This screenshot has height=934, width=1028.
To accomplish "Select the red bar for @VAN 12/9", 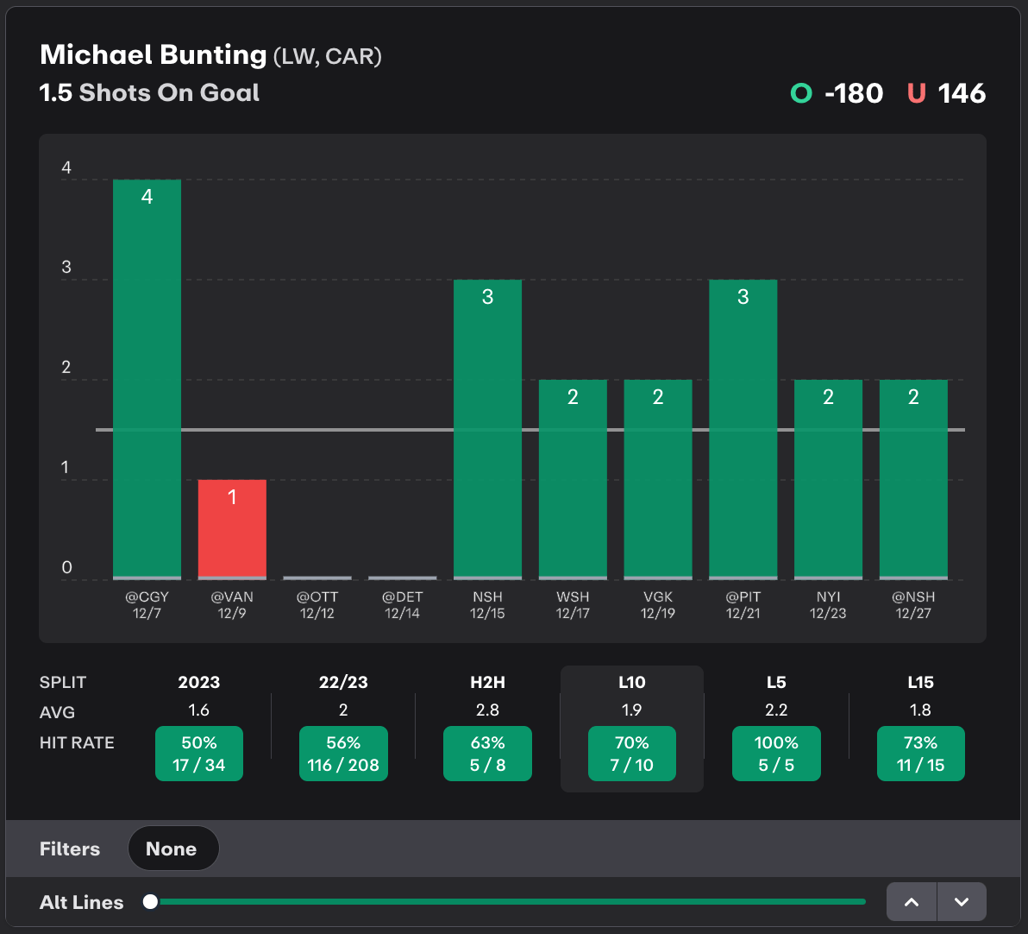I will (x=232, y=528).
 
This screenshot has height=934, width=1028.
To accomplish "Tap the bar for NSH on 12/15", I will (x=487, y=428).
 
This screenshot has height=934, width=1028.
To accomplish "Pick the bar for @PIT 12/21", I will (x=743, y=428).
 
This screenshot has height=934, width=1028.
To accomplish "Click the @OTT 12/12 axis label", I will (x=317, y=604).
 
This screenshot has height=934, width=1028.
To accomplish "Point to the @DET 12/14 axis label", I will (x=403, y=604).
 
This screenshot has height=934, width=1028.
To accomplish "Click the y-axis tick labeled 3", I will (x=66, y=268).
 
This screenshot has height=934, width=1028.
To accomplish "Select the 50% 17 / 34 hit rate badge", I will (x=199, y=754).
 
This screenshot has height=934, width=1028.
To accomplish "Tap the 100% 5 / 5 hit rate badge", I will (x=776, y=754).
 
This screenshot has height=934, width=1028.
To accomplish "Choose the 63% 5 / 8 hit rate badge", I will (x=487, y=754).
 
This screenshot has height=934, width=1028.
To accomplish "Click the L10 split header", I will (x=632, y=682).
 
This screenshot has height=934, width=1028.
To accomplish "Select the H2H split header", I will (x=487, y=682).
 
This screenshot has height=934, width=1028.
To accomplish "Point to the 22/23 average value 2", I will (x=343, y=710).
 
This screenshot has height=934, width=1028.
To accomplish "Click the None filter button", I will (x=172, y=849).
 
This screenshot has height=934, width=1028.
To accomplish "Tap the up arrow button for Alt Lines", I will (x=912, y=902).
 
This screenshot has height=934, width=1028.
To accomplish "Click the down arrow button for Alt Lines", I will (x=962, y=902).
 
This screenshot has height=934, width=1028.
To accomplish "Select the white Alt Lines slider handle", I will (x=151, y=902).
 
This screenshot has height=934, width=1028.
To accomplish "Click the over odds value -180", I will (x=853, y=93).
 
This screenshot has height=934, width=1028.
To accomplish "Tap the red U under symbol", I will (x=916, y=93).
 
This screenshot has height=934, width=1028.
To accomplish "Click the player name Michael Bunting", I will (x=154, y=55).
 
